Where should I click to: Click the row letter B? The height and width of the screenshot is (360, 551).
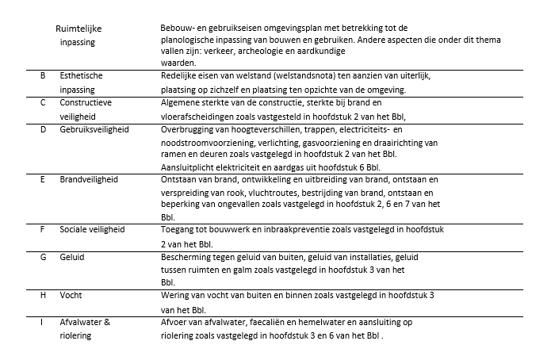42,76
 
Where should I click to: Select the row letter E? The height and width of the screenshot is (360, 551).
42,180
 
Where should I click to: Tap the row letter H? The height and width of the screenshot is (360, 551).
42,296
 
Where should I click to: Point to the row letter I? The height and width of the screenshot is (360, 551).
42,323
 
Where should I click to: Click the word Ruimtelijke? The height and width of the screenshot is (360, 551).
78,29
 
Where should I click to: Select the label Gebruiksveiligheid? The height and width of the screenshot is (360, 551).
94,128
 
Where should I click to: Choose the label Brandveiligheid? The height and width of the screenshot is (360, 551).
89,180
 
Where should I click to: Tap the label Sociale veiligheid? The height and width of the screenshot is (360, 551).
92,230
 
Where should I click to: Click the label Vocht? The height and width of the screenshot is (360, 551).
71,296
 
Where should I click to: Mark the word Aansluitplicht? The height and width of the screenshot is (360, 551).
189,167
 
